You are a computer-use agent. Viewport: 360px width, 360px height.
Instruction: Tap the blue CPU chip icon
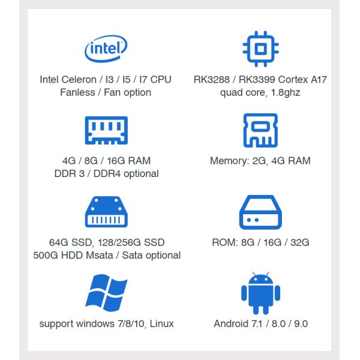pyautogui.click(x=260, y=47)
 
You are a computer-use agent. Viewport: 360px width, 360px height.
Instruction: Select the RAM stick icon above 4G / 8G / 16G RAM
pyautogui.click(x=106, y=129)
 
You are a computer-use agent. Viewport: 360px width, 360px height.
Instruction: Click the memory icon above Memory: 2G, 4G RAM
pyautogui.click(x=260, y=130)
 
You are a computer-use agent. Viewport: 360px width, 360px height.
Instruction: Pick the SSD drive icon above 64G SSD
pyautogui.click(x=106, y=212)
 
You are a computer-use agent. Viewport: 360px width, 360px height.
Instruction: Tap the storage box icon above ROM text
pyautogui.click(x=260, y=212)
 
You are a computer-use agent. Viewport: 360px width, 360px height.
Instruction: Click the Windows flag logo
pyautogui.click(x=106, y=293)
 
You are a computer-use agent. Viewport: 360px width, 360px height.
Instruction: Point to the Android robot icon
pyautogui.click(x=260, y=293)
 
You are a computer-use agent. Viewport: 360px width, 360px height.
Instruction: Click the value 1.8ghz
pyautogui.click(x=285, y=92)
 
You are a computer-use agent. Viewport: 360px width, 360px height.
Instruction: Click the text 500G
pyautogui.click(x=46, y=255)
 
